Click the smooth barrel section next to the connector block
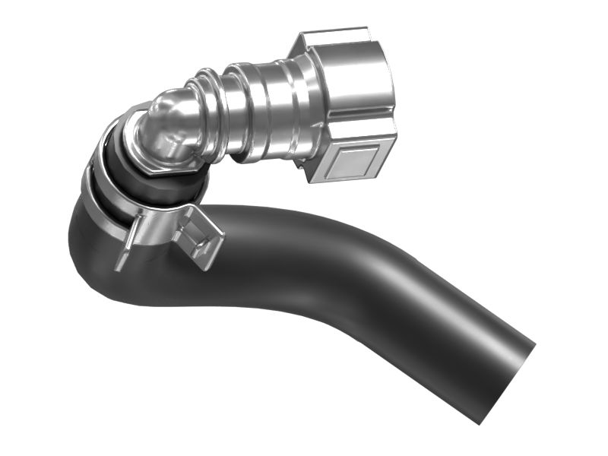tap(266, 106)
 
